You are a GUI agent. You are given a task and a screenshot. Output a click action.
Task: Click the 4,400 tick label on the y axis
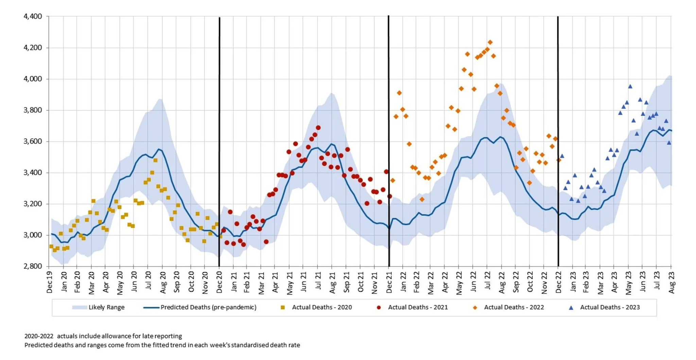pyautogui.click(x=33, y=16)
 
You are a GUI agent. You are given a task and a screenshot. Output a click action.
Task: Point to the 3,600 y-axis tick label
pyautogui.click(x=33, y=141)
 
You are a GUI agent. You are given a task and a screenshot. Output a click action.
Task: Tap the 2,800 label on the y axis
pyautogui.click(x=33, y=266)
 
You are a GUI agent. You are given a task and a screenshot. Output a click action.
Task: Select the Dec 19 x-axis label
pyautogui.click(x=50, y=282)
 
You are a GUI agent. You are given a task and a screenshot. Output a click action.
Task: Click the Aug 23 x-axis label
pyautogui.click(x=672, y=282)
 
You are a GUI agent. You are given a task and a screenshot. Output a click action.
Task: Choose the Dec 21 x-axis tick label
pyautogui.click(x=389, y=282)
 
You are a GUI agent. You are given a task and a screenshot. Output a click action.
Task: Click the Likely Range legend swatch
pyautogui.click(x=80, y=307)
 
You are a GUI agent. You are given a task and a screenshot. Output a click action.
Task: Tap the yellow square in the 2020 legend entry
pyautogui.click(x=282, y=308)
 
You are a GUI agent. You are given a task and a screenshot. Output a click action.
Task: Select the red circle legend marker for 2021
pyautogui.click(x=379, y=308)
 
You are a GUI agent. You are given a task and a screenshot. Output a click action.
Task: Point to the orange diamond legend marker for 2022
pyautogui.click(x=475, y=308)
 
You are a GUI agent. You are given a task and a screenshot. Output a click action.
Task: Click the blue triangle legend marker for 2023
pyautogui.click(x=571, y=308)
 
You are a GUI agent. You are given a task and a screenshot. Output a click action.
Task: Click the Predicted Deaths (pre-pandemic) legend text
pyautogui.click(x=208, y=307)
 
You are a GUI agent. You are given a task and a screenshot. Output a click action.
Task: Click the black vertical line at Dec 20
pyautogui.click(x=219, y=136)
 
